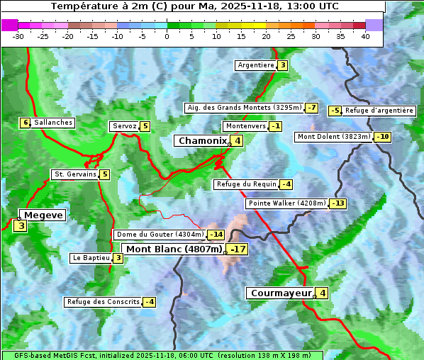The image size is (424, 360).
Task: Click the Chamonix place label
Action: (x=202, y=141)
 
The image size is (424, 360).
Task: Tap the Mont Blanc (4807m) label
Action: (x=174, y=249)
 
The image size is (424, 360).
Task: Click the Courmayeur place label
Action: (x=281, y=293)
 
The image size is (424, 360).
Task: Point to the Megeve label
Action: (x=43, y=215)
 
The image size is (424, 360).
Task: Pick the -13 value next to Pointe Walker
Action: (x=338, y=203)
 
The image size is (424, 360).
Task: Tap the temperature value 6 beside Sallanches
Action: (x=26, y=123)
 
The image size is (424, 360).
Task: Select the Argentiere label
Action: (x=256, y=65)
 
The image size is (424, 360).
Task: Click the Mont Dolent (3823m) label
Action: (x=334, y=137)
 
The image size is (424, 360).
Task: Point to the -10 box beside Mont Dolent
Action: (x=383, y=137)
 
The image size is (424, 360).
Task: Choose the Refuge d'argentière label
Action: (x=379, y=111)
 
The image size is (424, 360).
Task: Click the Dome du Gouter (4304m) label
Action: (x=160, y=235)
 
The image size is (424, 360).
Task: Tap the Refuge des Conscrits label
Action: (x=103, y=302)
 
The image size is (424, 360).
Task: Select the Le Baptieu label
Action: (x=91, y=258)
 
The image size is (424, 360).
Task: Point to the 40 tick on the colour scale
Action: (x=365, y=36)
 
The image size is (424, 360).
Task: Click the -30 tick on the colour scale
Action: (x=18, y=36)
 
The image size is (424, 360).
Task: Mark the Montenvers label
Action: (x=245, y=126)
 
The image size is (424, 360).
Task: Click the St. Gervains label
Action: (x=74, y=174)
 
